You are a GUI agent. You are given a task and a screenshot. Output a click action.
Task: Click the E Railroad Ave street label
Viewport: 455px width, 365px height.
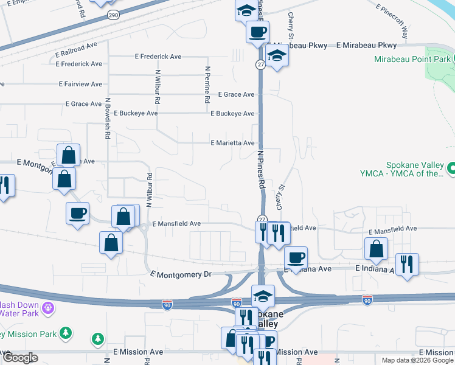(x=76, y=49)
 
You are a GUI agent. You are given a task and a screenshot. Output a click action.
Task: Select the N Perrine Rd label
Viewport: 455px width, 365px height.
(x=207, y=85)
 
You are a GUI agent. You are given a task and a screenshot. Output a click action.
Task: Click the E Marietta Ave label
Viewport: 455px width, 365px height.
(x=232, y=143)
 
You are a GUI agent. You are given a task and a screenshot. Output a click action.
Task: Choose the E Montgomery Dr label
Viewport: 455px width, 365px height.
(x=181, y=274)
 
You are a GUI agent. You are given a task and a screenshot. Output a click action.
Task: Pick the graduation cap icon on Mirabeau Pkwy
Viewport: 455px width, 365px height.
(x=277, y=56)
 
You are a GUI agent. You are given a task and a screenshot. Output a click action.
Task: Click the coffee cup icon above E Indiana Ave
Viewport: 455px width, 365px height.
(x=296, y=257)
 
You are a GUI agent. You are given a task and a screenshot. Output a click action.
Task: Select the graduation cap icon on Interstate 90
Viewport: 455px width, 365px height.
(x=263, y=296)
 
